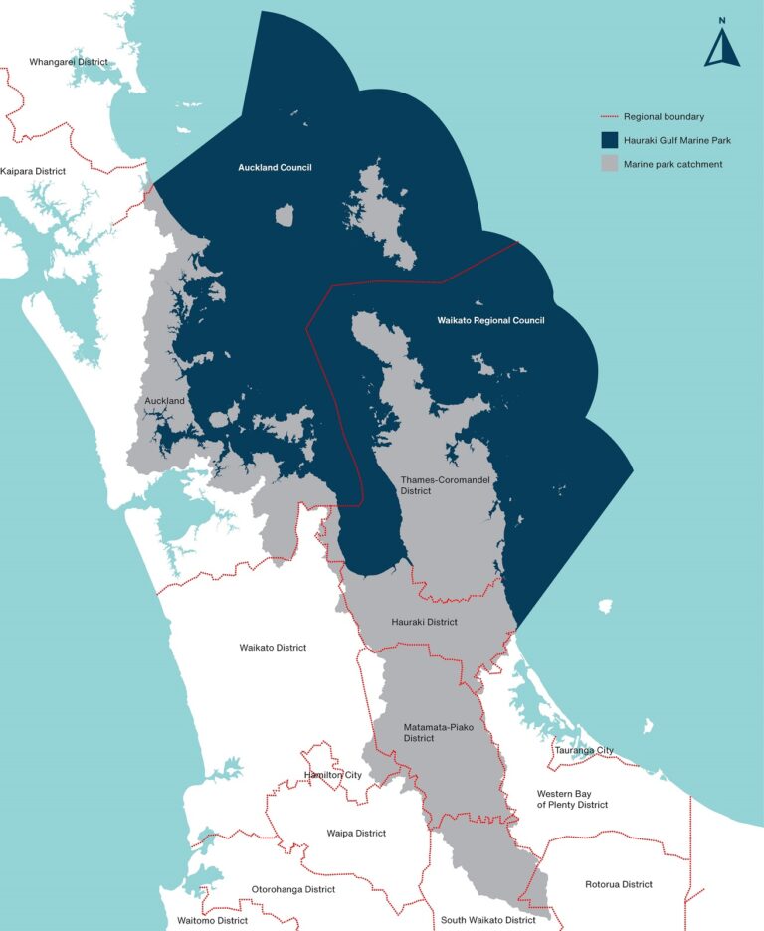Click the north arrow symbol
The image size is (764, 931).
(x=721, y=45)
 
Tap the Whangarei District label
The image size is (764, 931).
(x=69, y=62)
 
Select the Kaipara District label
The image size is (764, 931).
(x=34, y=171)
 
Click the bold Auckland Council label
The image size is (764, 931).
(x=275, y=167)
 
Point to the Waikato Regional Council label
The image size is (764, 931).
(x=491, y=321)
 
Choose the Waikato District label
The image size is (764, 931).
(x=273, y=648)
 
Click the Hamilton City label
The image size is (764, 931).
(x=333, y=775)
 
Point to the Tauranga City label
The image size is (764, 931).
(x=585, y=750)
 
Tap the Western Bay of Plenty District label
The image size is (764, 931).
(x=572, y=799)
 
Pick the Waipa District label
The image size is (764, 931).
(x=356, y=833)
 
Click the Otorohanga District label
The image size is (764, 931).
(x=293, y=889)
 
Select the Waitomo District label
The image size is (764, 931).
(x=212, y=920)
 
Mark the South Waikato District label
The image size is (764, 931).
(x=488, y=920)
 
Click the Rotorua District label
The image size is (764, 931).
(x=619, y=884)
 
